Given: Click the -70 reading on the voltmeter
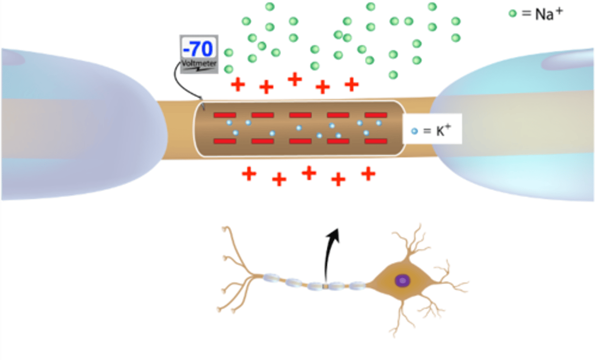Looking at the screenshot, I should [198, 49].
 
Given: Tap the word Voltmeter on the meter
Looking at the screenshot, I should [199, 63].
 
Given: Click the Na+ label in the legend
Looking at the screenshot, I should [548, 14].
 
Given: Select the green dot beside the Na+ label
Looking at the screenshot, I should [512, 13].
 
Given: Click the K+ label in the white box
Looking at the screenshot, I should [443, 131].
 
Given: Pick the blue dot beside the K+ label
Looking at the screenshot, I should [414, 131].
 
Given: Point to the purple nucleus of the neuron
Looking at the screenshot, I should [402, 280].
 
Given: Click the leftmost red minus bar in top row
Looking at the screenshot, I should [225, 115].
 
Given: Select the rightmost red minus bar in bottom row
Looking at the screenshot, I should [376, 141].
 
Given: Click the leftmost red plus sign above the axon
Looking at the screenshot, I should [238, 85].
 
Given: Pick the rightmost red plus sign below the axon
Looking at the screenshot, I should [368, 174].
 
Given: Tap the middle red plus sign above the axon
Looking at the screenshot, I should [295, 79].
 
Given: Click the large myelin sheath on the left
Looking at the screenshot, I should [79, 124].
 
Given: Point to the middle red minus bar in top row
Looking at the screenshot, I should [300, 115].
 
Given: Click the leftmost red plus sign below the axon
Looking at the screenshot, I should [249, 174].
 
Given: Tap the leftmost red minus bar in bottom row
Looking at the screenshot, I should [225, 141].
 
